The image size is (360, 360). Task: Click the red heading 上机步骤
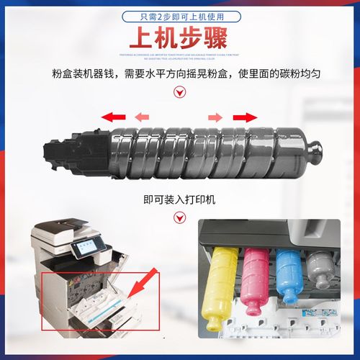point(179,38)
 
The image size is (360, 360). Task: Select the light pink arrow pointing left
point(143,117)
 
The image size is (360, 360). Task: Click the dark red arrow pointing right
point(246,117)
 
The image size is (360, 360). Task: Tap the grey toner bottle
point(318,268)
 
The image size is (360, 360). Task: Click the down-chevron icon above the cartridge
point(179,91)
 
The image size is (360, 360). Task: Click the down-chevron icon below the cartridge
point(179,184)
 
